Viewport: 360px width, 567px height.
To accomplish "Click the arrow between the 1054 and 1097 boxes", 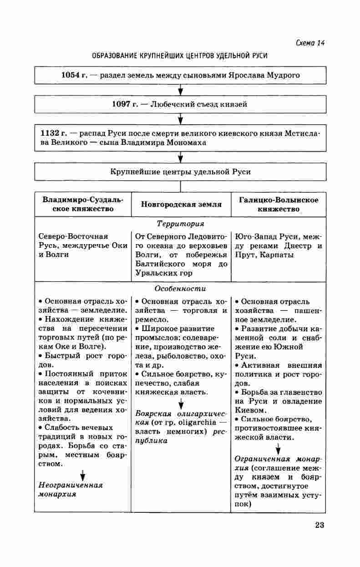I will (180, 90).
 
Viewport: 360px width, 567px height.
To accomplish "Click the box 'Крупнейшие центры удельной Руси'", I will (180, 172).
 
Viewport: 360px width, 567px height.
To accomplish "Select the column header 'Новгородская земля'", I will (181, 204).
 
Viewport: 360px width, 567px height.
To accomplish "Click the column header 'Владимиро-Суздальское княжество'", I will (83, 204).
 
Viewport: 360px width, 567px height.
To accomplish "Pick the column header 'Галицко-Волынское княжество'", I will (279, 204).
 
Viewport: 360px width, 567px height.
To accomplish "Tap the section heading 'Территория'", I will (180, 224).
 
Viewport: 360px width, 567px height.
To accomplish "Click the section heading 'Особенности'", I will (180, 289).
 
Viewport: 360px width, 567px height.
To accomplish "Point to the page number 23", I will (319, 525).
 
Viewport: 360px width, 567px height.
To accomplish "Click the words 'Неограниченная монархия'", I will (70, 490).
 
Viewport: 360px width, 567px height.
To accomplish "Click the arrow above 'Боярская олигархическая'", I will (181, 404).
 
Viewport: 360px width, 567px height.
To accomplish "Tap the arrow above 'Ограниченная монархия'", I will (278, 450).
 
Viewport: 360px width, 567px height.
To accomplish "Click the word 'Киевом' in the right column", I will (249, 410).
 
